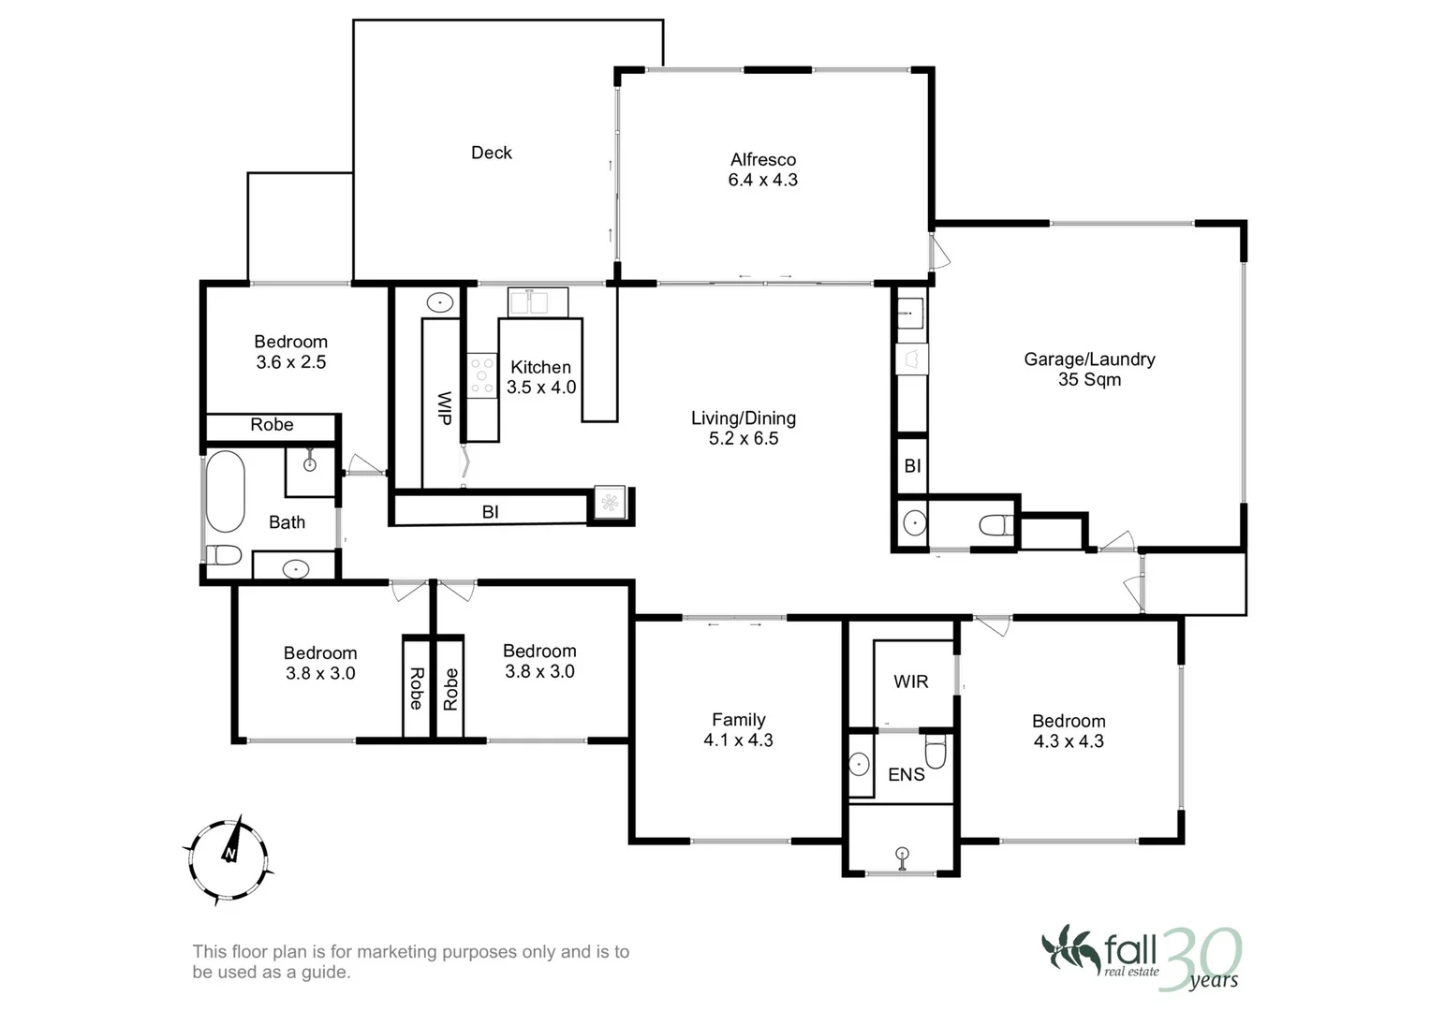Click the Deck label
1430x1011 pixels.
pyautogui.click(x=491, y=153)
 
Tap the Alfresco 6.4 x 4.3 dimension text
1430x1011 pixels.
pyautogui.click(x=763, y=180)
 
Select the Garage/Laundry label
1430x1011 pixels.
pyautogui.click(x=1089, y=359)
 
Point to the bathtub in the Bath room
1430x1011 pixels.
pyautogui.click(x=226, y=491)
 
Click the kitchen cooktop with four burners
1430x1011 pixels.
pyautogui.click(x=482, y=376)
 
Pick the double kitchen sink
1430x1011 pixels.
pyautogui.click(x=538, y=301)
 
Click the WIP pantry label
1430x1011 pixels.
pyautogui.click(x=445, y=408)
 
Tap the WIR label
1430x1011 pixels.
pyautogui.click(x=910, y=681)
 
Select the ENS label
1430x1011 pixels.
pyautogui.click(x=906, y=775)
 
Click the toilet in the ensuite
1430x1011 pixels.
pyautogui.click(x=936, y=751)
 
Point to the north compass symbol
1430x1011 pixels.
pyautogui.click(x=229, y=859)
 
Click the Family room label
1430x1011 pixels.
pyautogui.click(x=739, y=720)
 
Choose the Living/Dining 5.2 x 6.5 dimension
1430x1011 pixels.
pyautogui.click(x=743, y=438)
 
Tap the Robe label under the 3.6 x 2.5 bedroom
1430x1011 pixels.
pyautogui.click(x=272, y=424)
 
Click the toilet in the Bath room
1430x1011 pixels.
pyautogui.click(x=223, y=554)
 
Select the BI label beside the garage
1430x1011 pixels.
pyautogui.click(x=912, y=466)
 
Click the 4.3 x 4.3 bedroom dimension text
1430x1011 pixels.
pyautogui.click(x=1069, y=741)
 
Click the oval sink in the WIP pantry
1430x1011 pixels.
pyautogui.click(x=440, y=302)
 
